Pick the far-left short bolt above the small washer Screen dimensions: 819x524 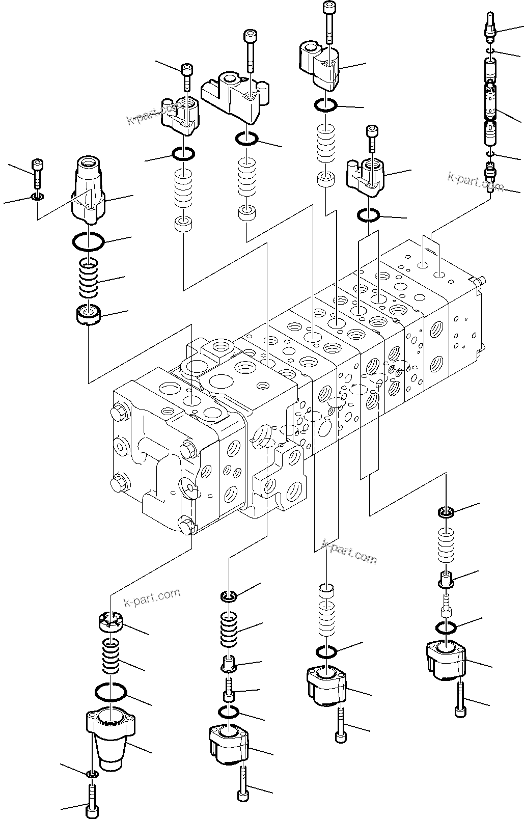click(38, 173)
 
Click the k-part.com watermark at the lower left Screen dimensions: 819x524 click(152, 599)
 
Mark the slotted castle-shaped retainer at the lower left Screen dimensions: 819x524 click(111, 624)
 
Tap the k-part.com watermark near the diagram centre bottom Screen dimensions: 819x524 click(350, 553)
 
